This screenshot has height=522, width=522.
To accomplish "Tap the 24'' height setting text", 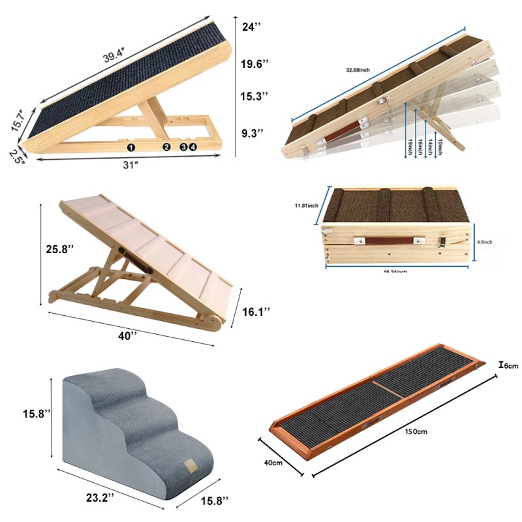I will point(251,27).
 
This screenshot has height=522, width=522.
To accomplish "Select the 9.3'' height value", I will point(252,133).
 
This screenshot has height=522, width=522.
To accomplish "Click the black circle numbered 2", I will point(166,147).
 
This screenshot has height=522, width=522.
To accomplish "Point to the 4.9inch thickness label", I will point(484,241).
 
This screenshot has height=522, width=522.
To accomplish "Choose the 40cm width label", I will point(273,463).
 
